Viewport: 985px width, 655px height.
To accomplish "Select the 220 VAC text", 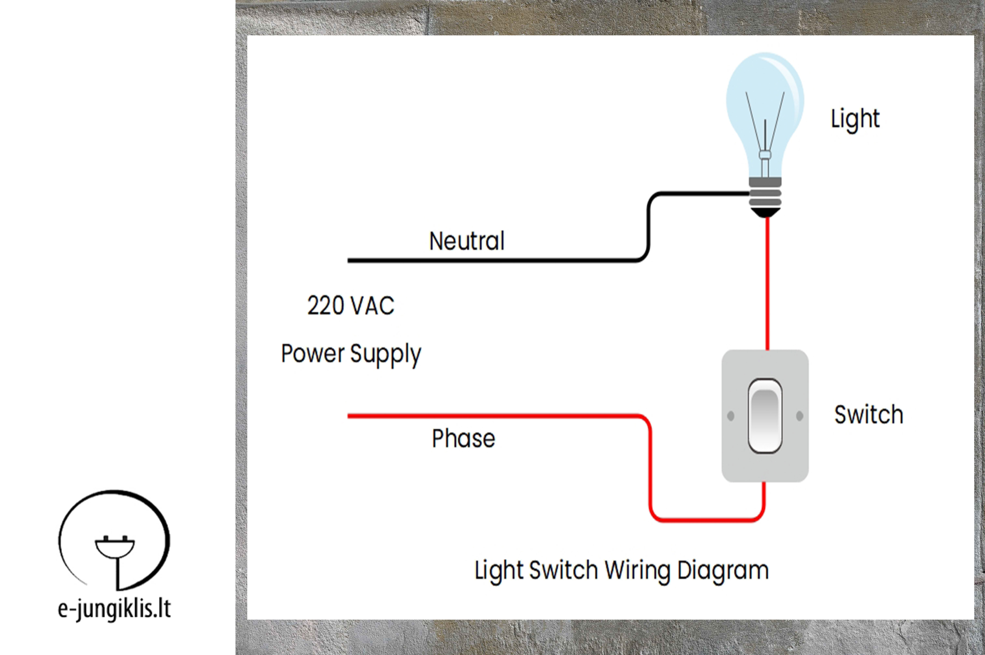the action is [351, 305].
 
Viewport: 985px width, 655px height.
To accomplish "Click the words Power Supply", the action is [351, 355].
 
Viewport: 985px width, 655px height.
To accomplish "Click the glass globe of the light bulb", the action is [765, 109].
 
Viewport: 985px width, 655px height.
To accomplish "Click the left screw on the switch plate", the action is [730, 416].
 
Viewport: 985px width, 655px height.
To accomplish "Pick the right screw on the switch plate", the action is [799, 416].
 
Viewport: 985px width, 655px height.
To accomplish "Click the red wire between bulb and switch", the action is [767, 284].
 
